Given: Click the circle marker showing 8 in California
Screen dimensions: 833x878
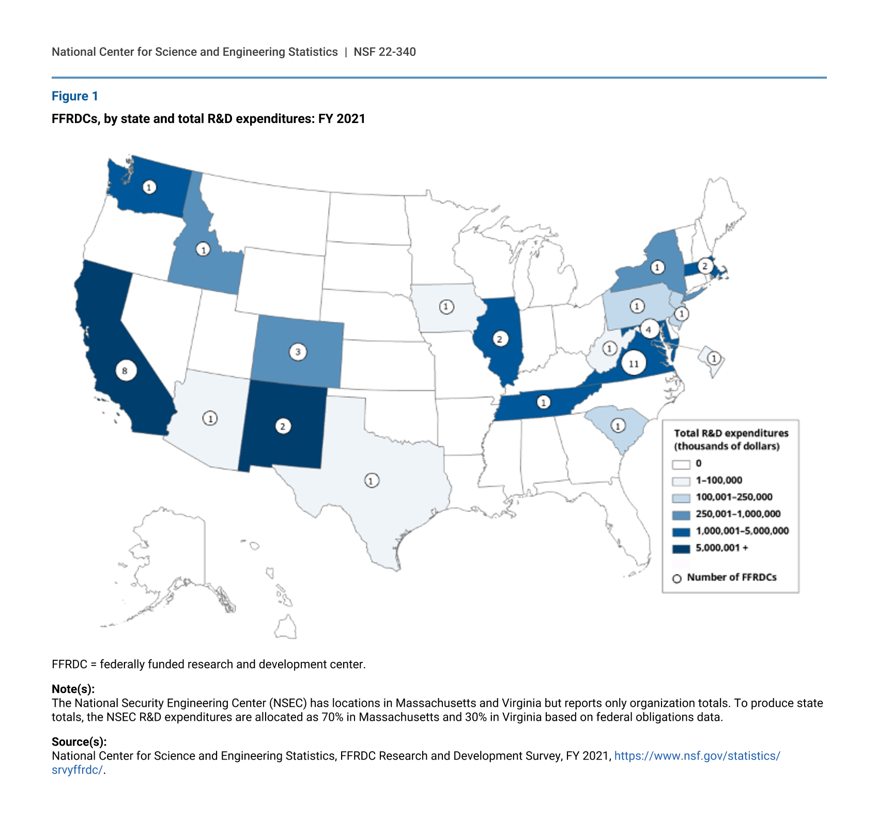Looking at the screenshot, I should tap(125, 371).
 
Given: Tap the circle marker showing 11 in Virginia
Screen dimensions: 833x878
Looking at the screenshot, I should tap(634, 364).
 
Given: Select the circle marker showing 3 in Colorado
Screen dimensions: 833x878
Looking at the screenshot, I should tap(298, 352).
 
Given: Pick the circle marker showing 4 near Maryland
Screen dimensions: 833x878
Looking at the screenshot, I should tap(649, 329).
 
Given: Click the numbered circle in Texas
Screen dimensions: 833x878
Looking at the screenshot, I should tap(371, 480).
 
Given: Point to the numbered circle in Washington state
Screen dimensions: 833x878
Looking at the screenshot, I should tap(149, 187).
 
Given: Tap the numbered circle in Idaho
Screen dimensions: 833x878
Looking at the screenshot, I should tap(204, 250).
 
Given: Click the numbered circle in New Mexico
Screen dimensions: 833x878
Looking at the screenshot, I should tap(283, 427).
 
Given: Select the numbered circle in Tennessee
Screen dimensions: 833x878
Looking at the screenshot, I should tap(543, 402).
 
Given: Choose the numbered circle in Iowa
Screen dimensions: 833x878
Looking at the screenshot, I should tap(446, 307).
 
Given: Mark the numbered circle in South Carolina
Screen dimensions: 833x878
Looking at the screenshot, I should tap(618, 426).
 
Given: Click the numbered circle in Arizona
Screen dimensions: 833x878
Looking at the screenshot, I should tap(210, 418).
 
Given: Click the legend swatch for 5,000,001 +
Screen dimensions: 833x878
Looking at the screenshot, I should tap(681, 549).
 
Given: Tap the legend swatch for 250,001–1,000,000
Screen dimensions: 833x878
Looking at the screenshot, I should tap(681, 515).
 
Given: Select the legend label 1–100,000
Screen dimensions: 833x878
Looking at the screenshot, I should tap(719, 480).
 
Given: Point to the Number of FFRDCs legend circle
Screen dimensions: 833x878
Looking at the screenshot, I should tap(677, 579).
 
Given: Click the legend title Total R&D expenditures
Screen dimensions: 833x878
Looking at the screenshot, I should tap(731, 433).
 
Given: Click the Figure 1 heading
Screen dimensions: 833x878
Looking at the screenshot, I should tap(75, 96).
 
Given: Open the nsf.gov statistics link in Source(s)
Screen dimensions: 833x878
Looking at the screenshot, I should tap(697, 756).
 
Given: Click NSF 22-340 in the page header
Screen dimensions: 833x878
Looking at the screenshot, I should tap(384, 52).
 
